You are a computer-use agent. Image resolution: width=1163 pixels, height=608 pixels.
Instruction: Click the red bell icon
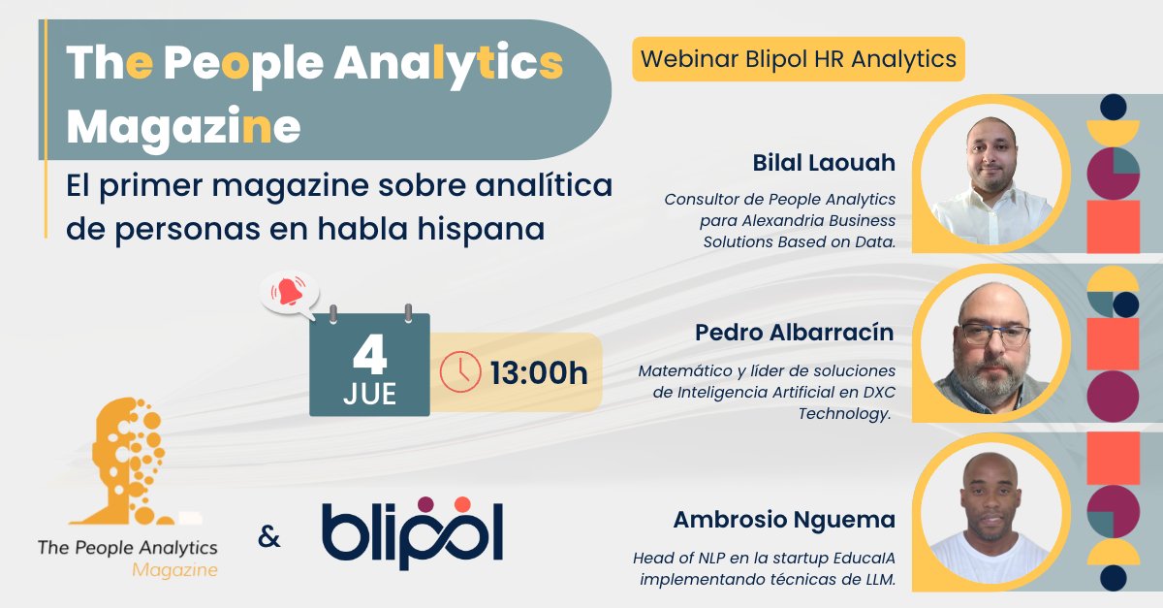click(x=288, y=292)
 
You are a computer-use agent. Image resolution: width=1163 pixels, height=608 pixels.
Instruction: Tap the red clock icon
click(x=459, y=371)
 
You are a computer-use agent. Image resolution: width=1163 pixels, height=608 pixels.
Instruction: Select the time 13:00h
click(x=539, y=372)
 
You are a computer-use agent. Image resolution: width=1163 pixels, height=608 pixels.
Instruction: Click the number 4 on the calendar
click(x=369, y=358)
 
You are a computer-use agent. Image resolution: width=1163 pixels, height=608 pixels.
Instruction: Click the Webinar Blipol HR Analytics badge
click(x=799, y=59)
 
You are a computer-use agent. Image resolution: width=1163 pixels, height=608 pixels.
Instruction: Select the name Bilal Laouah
click(x=824, y=163)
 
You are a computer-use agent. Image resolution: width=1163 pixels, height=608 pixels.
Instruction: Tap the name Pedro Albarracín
click(x=795, y=333)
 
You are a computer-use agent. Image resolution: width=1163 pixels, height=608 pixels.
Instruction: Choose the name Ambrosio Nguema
click(x=784, y=521)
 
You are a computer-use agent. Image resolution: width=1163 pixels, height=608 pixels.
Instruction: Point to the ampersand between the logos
click(x=268, y=535)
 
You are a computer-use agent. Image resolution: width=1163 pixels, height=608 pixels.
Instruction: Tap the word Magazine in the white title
click(x=183, y=126)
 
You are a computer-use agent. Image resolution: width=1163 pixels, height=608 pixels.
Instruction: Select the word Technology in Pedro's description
click(x=844, y=413)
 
